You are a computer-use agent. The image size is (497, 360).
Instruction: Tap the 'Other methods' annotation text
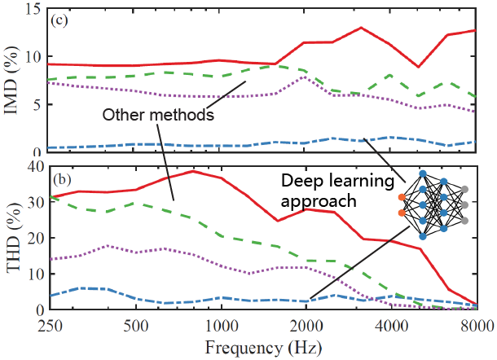(158, 115)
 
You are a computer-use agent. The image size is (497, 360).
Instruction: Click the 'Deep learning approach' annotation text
(330, 189)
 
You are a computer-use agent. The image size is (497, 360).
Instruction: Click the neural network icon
(433, 204)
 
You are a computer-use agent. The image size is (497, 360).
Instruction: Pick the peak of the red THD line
(192, 171)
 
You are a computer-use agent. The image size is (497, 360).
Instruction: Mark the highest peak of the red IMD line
(361, 28)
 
